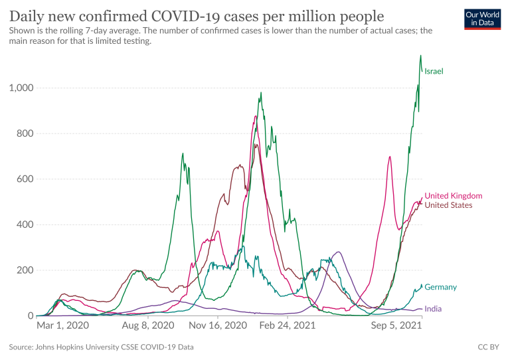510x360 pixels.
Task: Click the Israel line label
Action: (434, 71)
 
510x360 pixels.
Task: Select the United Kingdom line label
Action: (453, 196)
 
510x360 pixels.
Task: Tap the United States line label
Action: (448, 205)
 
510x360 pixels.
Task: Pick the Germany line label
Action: (440, 287)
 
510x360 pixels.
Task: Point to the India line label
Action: (433, 309)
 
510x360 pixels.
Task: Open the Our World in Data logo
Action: (482, 19)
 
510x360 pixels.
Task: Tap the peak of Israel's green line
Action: (420, 56)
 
